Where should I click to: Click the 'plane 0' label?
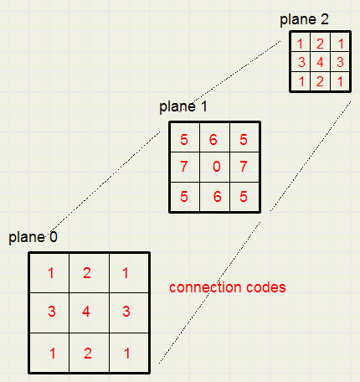33,238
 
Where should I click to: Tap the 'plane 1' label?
183,107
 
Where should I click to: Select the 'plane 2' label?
304,19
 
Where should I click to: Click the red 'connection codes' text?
228,287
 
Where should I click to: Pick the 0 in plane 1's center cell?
217,167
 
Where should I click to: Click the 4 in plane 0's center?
86,312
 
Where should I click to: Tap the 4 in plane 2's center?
320,62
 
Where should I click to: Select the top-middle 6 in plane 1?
213,140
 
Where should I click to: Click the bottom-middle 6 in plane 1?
218,197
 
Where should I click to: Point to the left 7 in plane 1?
183,167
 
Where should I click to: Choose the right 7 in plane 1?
244,167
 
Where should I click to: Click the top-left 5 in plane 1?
184,140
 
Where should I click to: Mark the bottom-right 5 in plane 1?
244,197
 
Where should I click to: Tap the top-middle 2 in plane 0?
87,273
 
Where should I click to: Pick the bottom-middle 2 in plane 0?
88,354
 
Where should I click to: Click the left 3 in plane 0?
52,312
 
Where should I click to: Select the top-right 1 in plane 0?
126,273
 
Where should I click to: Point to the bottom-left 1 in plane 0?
52,354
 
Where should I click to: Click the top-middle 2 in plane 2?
320,44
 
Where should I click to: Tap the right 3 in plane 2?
340,62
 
